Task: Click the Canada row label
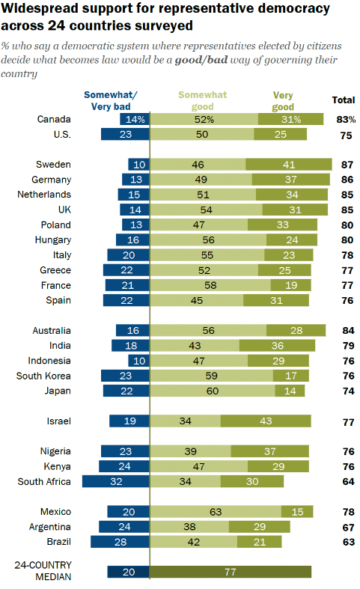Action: point(54,119)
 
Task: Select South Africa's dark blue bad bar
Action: point(116,481)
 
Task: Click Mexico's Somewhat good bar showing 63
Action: point(216,512)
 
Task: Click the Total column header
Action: point(344,100)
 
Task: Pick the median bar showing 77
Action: point(231,572)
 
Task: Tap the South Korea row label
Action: point(44,376)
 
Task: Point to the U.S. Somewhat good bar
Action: point(202,135)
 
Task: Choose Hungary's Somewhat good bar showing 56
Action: point(207,240)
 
